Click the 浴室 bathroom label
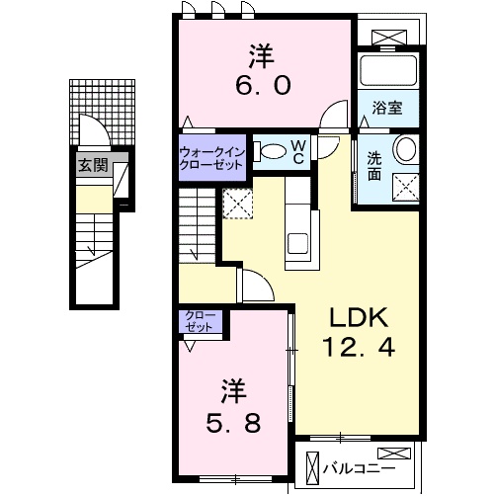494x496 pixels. [x=387, y=109]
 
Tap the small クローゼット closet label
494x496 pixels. [x=202, y=322]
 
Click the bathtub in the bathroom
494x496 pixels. [x=388, y=71]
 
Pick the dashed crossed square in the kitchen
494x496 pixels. [x=238, y=205]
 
